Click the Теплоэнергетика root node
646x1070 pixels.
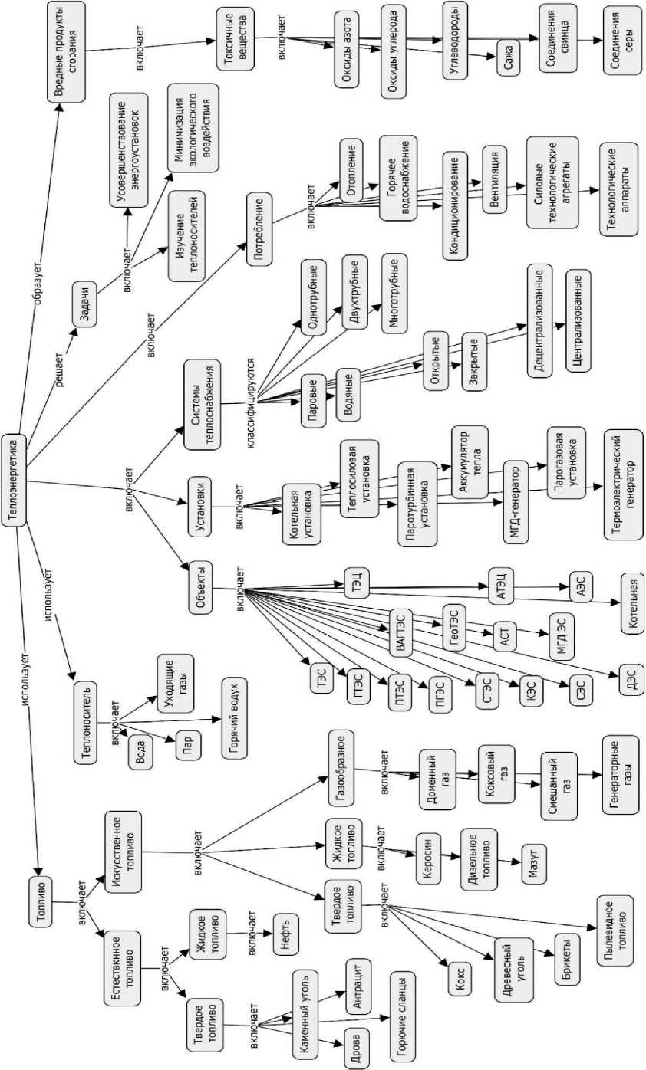coord(15,481)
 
